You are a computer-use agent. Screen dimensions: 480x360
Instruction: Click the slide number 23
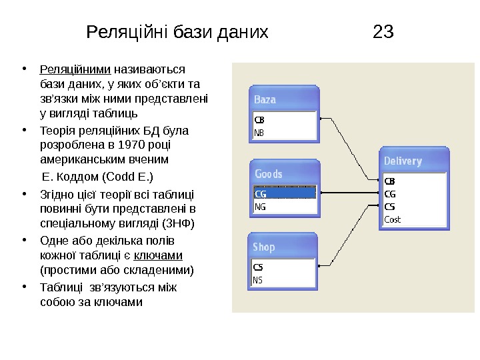click(x=383, y=31)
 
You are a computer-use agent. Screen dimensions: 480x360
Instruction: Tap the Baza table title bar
click(x=283, y=99)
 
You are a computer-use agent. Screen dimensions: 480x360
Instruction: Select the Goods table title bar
click(x=283, y=173)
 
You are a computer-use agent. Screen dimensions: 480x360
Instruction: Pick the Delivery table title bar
click(x=413, y=161)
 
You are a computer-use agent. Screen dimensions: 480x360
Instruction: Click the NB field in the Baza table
click(x=259, y=132)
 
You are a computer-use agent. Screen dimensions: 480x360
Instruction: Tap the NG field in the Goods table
click(x=260, y=207)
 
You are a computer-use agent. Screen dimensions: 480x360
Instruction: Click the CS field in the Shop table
click(x=259, y=267)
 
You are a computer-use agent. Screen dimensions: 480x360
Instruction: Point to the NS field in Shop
click(x=259, y=280)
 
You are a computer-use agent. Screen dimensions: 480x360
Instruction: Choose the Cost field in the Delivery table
click(x=393, y=219)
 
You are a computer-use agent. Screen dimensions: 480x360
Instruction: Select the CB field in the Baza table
click(x=259, y=121)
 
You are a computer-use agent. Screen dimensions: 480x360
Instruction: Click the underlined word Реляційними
click(x=76, y=69)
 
